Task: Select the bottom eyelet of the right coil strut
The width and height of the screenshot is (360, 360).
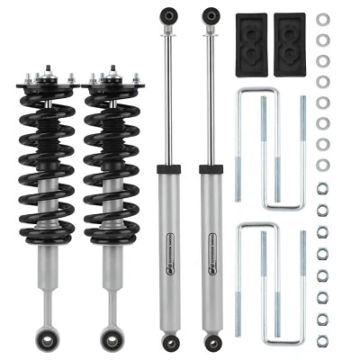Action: (112, 340)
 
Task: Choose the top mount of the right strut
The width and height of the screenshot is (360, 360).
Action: (111, 79)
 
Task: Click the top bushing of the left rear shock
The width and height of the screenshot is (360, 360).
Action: (166, 16)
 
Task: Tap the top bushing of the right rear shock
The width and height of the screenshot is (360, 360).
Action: (211, 16)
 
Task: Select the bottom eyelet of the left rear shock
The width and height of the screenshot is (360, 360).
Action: (167, 343)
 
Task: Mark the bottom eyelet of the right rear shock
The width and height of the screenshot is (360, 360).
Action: (212, 343)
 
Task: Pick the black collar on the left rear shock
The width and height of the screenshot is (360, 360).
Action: (167, 168)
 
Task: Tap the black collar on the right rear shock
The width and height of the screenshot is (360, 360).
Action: (212, 168)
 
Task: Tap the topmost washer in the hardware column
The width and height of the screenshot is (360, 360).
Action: (323, 19)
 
